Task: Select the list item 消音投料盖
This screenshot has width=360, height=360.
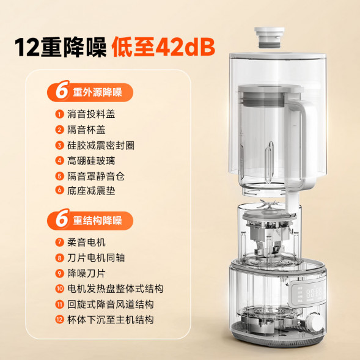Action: click(91, 114)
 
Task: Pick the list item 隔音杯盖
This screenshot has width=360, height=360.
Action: click(86, 129)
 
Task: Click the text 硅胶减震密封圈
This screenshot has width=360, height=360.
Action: click(101, 145)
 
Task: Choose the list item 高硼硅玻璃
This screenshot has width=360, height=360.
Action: click(91, 160)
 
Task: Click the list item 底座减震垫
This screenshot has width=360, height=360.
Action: click(91, 191)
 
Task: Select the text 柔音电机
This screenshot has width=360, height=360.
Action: click(86, 242)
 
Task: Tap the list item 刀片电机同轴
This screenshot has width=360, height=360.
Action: click(96, 257)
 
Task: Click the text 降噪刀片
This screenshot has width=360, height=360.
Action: click(86, 273)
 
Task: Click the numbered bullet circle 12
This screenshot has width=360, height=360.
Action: click(59, 319)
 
